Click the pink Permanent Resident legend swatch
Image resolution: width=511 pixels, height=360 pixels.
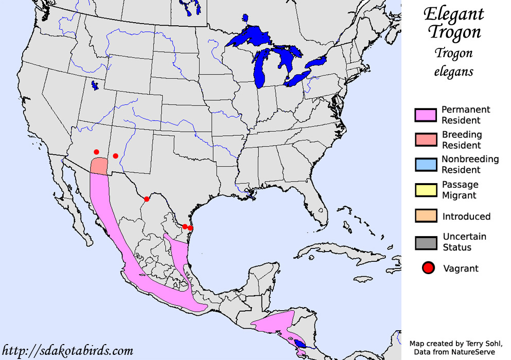pyautogui.click(x=425, y=115)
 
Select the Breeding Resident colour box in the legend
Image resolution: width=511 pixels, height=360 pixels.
pyautogui.click(x=425, y=140)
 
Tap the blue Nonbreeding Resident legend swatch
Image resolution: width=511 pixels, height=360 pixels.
pyautogui.click(x=425, y=165)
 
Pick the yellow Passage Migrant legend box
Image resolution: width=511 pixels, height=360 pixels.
pyautogui.click(x=425, y=190)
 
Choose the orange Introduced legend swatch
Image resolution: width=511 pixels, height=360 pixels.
pyautogui.click(x=425, y=216)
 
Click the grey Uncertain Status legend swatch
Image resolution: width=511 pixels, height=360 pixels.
pyautogui.click(x=425, y=242)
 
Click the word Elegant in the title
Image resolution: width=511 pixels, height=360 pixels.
pyautogui.click(x=453, y=13)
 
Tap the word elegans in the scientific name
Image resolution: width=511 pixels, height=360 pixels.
pyautogui.click(x=453, y=71)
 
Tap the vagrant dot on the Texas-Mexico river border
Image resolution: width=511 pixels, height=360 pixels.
pyautogui.click(x=147, y=199)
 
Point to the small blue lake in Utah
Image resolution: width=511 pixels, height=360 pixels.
pyautogui.click(x=94, y=85)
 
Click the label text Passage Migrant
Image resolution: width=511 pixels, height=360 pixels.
pyautogui.click(x=460, y=190)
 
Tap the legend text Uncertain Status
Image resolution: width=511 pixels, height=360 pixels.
pyautogui.click(x=464, y=242)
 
